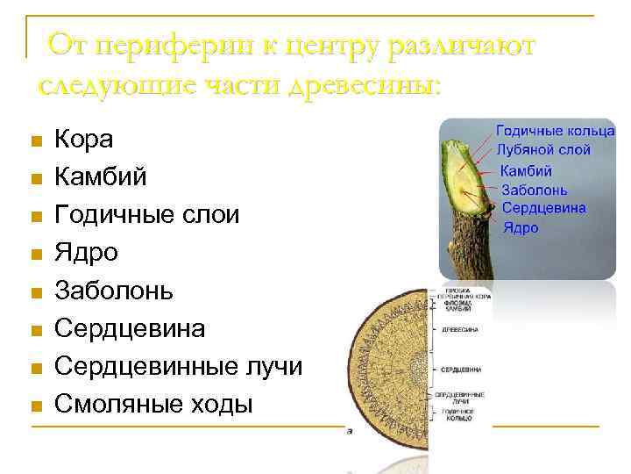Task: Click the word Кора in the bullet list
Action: tap(83, 139)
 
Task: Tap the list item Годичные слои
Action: tap(146, 215)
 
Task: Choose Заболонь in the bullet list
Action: tap(114, 291)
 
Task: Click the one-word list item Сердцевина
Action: tap(130, 328)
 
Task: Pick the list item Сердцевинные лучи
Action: tap(178, 366)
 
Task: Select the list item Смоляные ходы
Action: tap(152, 404)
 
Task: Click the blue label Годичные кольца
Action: tap(556, 132)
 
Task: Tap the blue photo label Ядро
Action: tap(521, 227)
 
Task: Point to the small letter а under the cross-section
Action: tap(351, 432)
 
